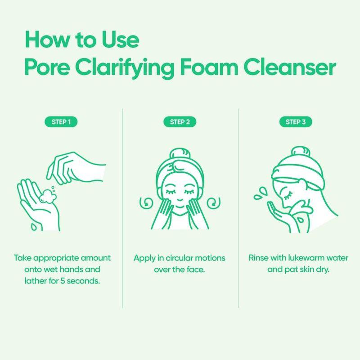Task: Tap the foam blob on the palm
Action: click(46, 197)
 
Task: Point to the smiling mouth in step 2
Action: click(180, 208)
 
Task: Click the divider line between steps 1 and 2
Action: click(122, 207)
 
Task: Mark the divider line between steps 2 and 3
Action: click(238, 207)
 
